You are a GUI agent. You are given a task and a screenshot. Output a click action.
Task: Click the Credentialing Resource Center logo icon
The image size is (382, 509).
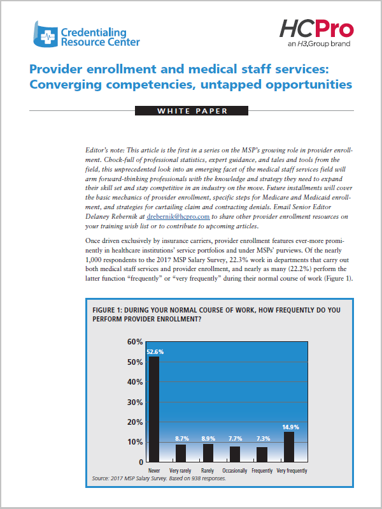tap(45, 34)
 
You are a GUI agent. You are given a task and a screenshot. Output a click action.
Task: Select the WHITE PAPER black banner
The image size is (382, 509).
tap(192, 111)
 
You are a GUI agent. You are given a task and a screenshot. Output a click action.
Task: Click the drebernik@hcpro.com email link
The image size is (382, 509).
tap(178, 216)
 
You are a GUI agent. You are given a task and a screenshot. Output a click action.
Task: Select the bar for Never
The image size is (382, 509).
tap(153, 409)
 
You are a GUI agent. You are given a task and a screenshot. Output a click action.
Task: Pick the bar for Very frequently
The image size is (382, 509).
tap(289, 446)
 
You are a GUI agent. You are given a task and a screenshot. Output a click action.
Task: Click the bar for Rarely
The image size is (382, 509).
tap(208, 453)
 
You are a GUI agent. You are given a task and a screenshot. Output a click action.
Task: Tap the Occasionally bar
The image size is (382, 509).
tap(235, 454)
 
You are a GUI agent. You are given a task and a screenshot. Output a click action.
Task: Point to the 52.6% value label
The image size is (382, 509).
tap(155, 352)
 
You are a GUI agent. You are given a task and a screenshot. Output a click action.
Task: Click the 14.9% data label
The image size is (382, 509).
tap(290, 427)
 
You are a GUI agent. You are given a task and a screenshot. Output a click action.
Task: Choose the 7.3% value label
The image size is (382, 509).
tap(263, 439)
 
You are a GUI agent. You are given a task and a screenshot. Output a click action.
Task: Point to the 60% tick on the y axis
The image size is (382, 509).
tap(135, 342)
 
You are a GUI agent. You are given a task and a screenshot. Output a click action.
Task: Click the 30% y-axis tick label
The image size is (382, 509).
tap(135, 402)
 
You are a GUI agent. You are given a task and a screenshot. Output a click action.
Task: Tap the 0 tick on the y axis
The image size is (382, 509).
tap(141, 462)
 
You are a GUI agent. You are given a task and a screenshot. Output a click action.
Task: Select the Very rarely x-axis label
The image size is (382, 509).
tap(180, 470)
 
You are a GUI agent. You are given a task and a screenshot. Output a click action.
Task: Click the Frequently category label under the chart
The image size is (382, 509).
tap(262, 470)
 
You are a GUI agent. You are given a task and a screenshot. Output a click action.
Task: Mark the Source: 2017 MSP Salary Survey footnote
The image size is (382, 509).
tap(159, 478)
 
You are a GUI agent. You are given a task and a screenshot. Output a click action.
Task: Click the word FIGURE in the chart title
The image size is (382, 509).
tap(104, 310)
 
